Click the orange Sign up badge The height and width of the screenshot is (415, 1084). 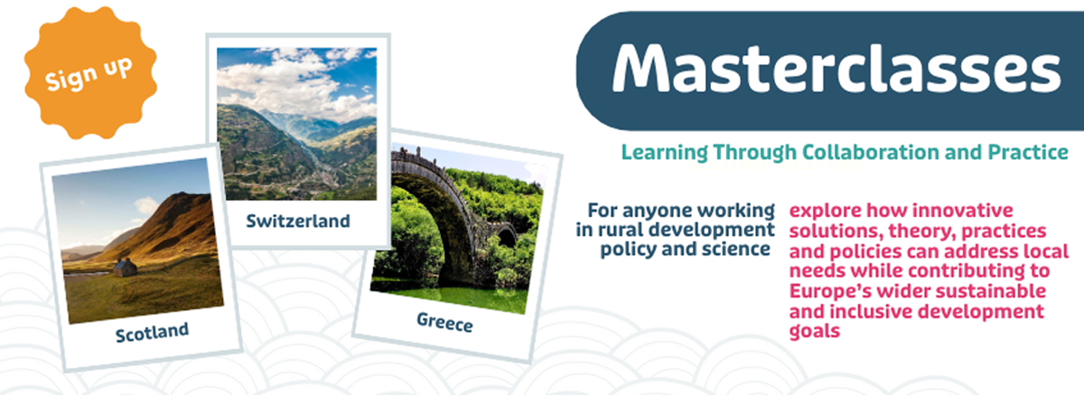click(90, 72)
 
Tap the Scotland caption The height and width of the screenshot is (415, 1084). click(152, 333)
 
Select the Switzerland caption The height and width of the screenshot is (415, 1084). click(297, 222)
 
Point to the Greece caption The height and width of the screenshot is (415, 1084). click(444, 323)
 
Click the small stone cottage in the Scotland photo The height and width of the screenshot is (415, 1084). click(125, 268)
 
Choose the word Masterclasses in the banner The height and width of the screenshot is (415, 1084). click(836, 70)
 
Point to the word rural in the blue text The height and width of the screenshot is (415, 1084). click(614, 230)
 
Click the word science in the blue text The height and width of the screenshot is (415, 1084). click(736, 249)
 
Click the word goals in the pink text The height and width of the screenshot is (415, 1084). click(815, 332)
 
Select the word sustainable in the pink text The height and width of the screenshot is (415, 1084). click(995, 291)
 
